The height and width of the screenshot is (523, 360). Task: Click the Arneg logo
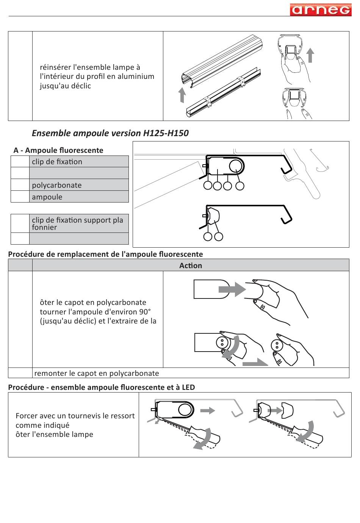point(321,9)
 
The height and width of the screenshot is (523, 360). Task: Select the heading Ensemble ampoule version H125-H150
point(110,133)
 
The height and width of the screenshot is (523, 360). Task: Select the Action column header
point(190,265)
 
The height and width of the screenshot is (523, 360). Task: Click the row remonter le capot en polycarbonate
point(97,373)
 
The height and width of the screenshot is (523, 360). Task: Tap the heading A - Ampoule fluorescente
point(58,150)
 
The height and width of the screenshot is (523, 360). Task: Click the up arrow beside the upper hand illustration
point(310,55)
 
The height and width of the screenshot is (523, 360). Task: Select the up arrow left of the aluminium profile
point(182,95)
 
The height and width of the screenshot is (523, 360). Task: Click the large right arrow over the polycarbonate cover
point(232,289)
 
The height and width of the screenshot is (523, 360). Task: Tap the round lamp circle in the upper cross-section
point(236,165)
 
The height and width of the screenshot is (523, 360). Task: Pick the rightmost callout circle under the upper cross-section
point(239,185)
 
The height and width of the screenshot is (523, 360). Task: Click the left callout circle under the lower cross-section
point(208,237)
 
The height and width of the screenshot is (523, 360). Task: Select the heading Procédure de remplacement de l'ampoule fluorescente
point(105,254)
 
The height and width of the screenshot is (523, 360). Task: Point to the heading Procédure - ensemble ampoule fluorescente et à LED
point(102,387)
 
